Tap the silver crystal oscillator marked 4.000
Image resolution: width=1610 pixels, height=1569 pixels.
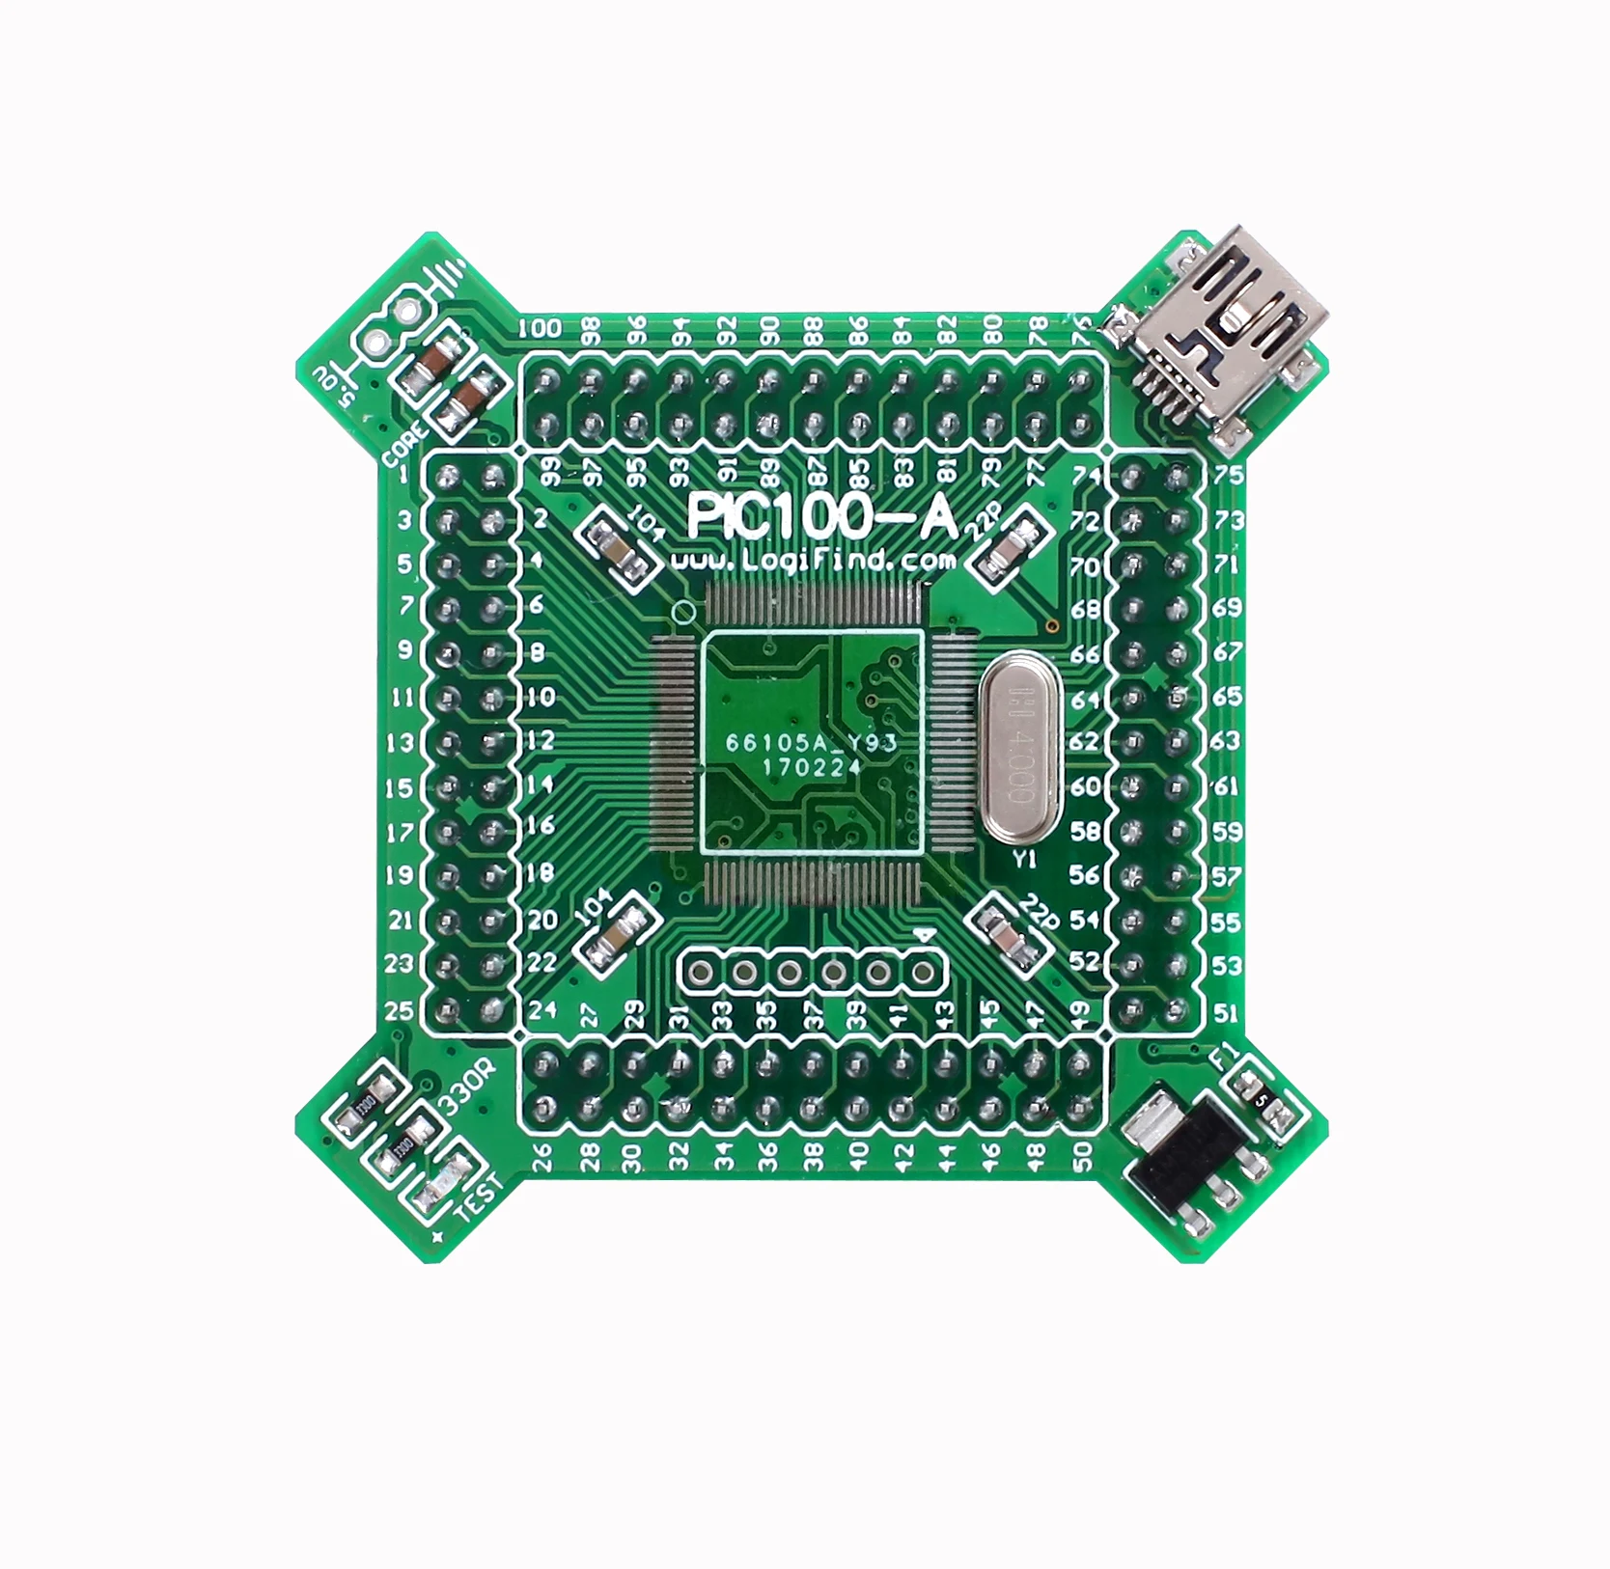point(1019,748)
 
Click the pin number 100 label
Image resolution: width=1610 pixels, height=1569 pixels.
point(540,329)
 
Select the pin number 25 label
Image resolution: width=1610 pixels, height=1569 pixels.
point(400,1011)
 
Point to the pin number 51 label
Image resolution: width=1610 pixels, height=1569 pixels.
point(1226,1013)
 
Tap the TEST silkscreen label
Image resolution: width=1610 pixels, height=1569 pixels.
point(480,1197)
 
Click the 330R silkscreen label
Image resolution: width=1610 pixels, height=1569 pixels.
point(466,1088)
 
